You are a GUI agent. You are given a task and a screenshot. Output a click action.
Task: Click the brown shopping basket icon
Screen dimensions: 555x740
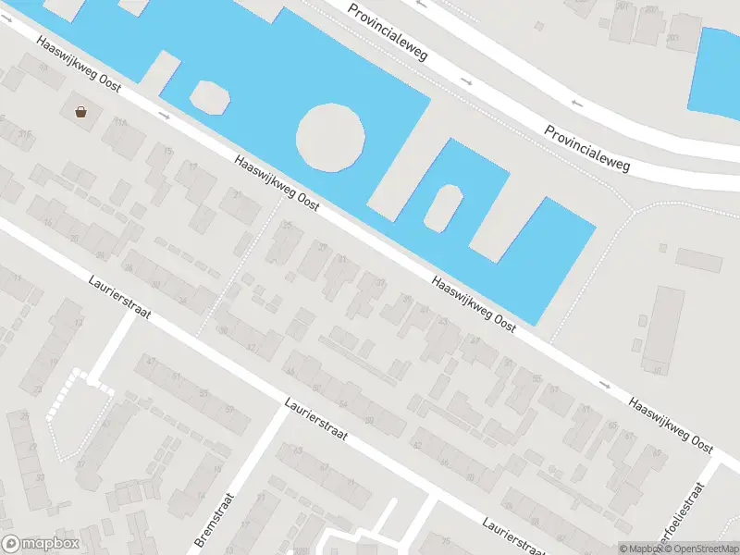point(81,112)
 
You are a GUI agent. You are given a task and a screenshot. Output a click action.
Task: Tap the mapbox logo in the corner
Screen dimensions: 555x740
point(41,544)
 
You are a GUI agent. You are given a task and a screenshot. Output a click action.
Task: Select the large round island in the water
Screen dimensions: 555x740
point(330,137)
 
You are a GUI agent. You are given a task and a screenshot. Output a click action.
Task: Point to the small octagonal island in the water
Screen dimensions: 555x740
point(209,96)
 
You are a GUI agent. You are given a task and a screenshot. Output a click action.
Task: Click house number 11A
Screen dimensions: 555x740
point(119,122)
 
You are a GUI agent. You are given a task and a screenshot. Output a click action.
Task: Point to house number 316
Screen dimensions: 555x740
point(24,135)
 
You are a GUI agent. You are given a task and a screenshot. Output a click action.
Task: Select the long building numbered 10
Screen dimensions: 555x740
point(659,328)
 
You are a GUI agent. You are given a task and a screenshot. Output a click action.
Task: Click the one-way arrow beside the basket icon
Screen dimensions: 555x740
point(164,116)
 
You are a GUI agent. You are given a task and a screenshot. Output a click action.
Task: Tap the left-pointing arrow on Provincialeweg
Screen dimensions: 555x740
point(576,102)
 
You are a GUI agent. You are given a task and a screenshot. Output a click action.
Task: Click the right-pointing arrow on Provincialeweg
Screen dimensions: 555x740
point(466,82)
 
